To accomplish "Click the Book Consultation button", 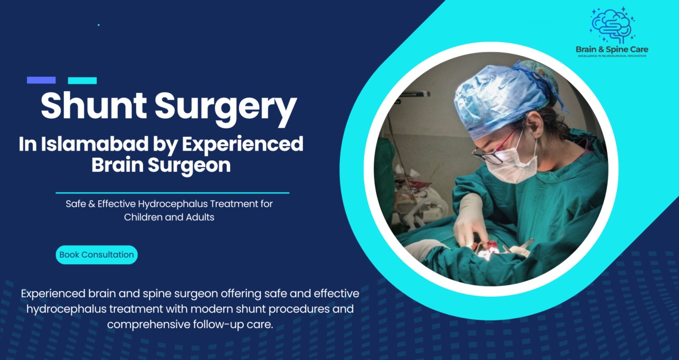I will click(x=97, y=255).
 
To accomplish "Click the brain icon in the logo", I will click(x=612, y=26).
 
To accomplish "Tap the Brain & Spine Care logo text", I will click(x=612, y=49).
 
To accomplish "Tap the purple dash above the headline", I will click(x=41, y=80).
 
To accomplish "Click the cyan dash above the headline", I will click(x=82, y=80).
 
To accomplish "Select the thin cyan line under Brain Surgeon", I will click(x=172, y=193).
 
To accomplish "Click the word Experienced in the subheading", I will click(x=242, y=145).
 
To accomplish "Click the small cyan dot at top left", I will click(x=98, y=25).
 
